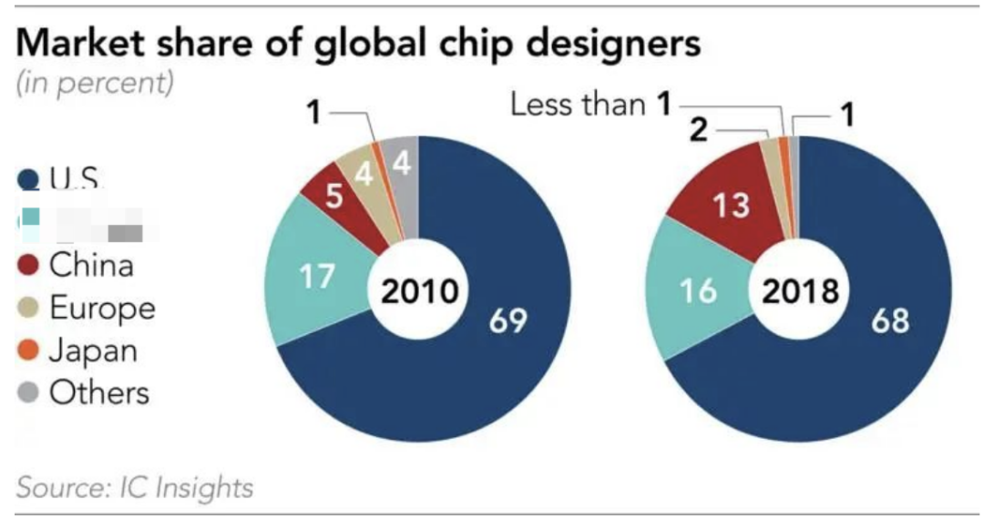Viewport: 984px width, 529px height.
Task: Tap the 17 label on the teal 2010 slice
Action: point(316,276)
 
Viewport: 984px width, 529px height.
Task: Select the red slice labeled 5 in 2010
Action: point(333,197)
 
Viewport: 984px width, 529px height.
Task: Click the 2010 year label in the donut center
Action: point(418,292)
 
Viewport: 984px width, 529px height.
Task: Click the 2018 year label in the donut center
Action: point(799,292)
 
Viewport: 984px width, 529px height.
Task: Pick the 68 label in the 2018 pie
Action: point(889,320)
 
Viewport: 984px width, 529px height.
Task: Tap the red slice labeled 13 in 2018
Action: point(732,206)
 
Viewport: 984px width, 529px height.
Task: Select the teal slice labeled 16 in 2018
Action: point(698,291)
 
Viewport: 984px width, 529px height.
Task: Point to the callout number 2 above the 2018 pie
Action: point(698,130)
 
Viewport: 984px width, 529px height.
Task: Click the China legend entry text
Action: point(91,266)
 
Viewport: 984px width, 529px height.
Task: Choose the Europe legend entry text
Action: point(101,308)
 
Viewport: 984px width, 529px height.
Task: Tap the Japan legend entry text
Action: point(93,351)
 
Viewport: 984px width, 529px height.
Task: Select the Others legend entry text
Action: point(98,392)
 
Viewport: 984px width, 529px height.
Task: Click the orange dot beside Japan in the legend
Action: point(29,351)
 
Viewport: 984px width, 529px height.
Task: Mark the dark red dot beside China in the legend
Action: point(29,267)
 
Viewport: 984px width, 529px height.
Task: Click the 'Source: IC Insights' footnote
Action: point(136,487)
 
